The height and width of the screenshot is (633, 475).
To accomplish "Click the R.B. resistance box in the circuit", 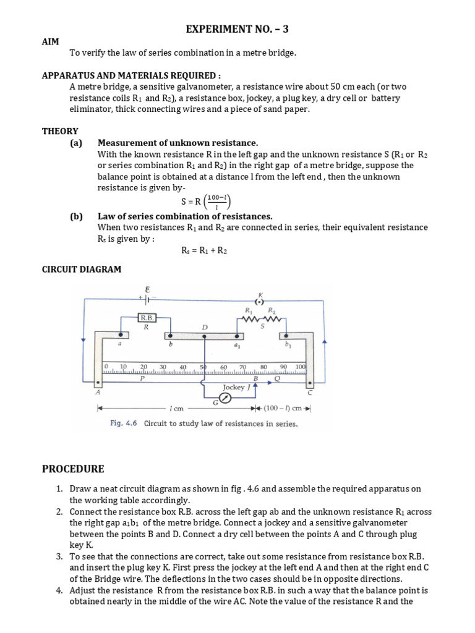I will [x=147, y=317].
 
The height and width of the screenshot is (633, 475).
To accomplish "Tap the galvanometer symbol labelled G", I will [x=225, y=398].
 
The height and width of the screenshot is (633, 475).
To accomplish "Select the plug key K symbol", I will [x=260, y=301].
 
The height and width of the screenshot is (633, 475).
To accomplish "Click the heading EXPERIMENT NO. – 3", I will [x=237, y=29].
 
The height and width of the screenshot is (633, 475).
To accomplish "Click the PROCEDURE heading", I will [x=73, y=469].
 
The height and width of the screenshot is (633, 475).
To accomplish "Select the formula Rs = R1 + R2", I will [x=205, y=250].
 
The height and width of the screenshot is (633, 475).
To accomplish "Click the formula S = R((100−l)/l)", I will [x=205, y=202].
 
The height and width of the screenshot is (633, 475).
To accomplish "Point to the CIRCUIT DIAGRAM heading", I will [x=81, y=269].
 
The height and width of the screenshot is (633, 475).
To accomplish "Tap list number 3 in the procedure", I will [x=59, y=556].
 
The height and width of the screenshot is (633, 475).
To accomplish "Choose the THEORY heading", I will [x=60, y=131].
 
